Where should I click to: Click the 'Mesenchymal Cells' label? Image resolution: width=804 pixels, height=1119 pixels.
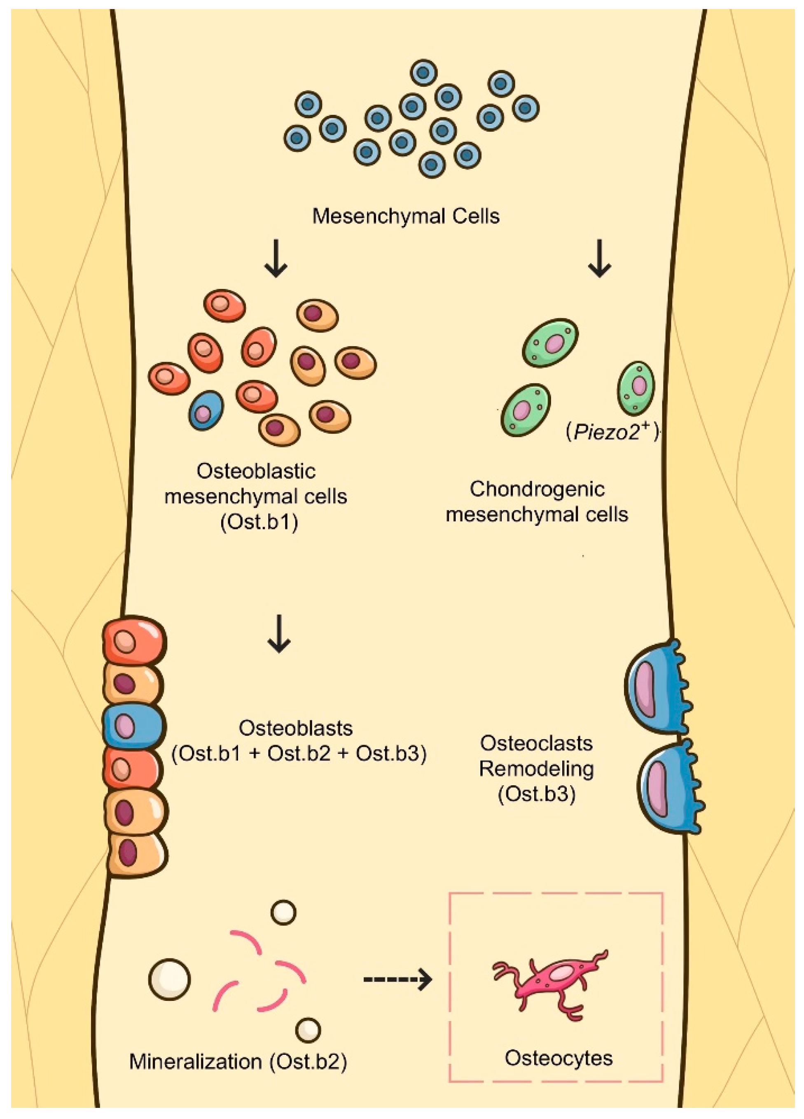coord(406,216)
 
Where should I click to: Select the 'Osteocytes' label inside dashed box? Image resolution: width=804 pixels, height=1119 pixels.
coord(559,1059)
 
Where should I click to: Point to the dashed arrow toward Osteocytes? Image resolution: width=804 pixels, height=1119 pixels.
coord(397,979)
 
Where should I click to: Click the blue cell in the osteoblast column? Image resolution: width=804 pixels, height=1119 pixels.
coord(132,726)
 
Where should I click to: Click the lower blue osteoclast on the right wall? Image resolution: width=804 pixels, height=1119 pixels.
coord(667,787)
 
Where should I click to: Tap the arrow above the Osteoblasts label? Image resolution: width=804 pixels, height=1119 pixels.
coord(279,634)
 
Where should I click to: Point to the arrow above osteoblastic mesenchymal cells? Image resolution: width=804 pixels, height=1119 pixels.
coord(276,258)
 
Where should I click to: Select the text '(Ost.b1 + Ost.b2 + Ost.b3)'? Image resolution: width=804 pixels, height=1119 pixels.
coord(299,754)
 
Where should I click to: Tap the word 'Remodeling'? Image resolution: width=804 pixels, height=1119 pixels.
coord(536,769)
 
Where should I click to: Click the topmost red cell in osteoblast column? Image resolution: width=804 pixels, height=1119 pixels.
coord(133,641)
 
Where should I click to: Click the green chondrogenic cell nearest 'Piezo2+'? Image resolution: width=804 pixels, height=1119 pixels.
coord(636,387)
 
